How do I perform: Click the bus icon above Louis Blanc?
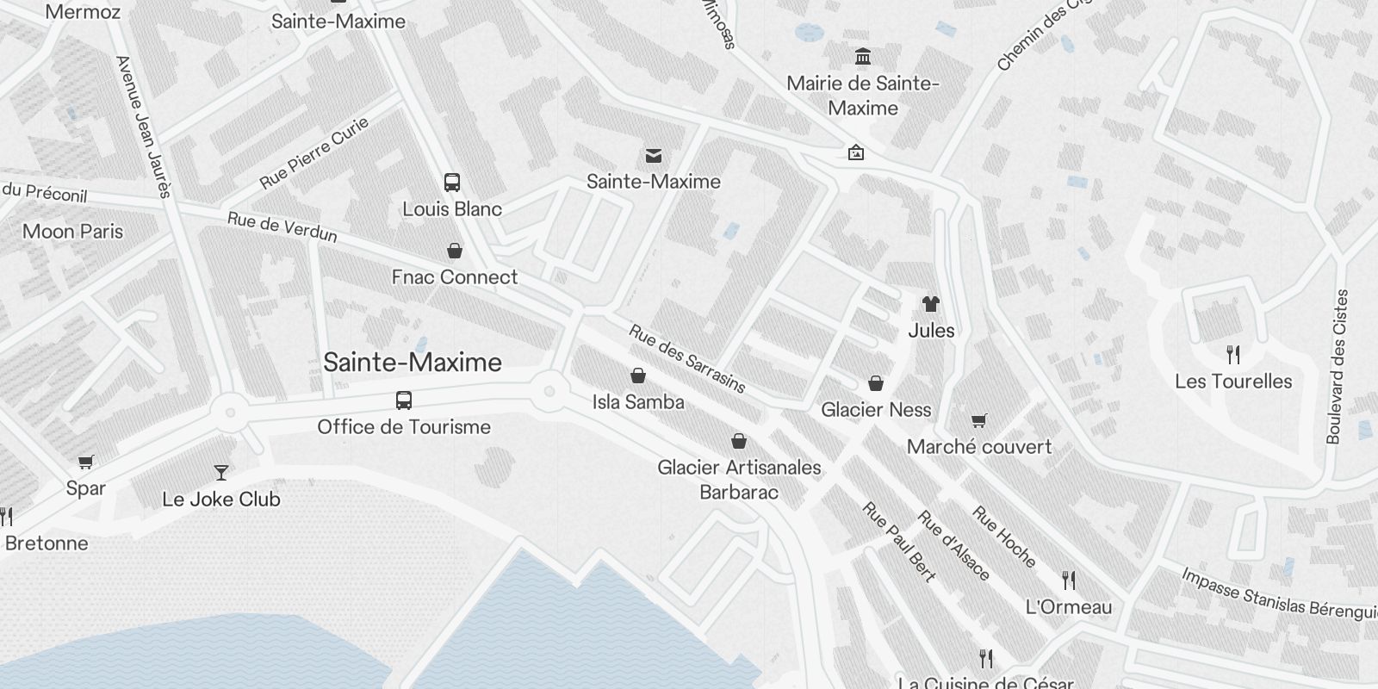(452, 183)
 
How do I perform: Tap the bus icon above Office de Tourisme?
(403, 400)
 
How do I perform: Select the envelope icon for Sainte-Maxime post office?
(654, 156)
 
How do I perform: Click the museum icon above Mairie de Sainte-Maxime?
(862, 57)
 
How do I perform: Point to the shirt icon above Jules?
(931, 304)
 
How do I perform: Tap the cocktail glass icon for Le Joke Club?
(221, 473)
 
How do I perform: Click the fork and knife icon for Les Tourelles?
(1233, 355)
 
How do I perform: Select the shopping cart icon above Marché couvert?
(978, 421)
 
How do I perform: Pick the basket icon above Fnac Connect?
(455, 251)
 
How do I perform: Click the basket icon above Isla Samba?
(638, 376)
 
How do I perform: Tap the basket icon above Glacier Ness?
(876, 383)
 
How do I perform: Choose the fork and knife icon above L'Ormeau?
(1069, 580)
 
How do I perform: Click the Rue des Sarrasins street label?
(687, 358)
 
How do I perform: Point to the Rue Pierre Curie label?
(314, 152)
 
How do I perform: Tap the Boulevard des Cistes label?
(1338, 367)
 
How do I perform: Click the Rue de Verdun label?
(282, 227)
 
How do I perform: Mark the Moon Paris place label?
(72, 232)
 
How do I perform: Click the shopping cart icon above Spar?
(85, 462)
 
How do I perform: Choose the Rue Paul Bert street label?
(898, 543)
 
